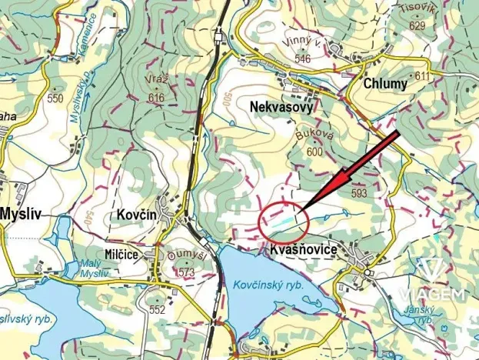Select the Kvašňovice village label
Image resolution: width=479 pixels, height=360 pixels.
click(x=304, y=252)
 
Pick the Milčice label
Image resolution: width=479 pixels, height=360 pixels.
click(x=120, y=253)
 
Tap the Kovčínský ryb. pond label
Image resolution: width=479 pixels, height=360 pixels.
click(x=268, y=286)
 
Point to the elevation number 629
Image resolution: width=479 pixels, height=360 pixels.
click(x=417, y=25)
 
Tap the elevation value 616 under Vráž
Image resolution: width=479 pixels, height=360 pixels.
click(x=157, y=98)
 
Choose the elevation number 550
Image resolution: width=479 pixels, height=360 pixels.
click(x=55, y=98)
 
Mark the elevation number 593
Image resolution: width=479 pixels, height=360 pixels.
click(x=359, y=194)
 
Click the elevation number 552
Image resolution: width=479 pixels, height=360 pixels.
click(x=158, y=310)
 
